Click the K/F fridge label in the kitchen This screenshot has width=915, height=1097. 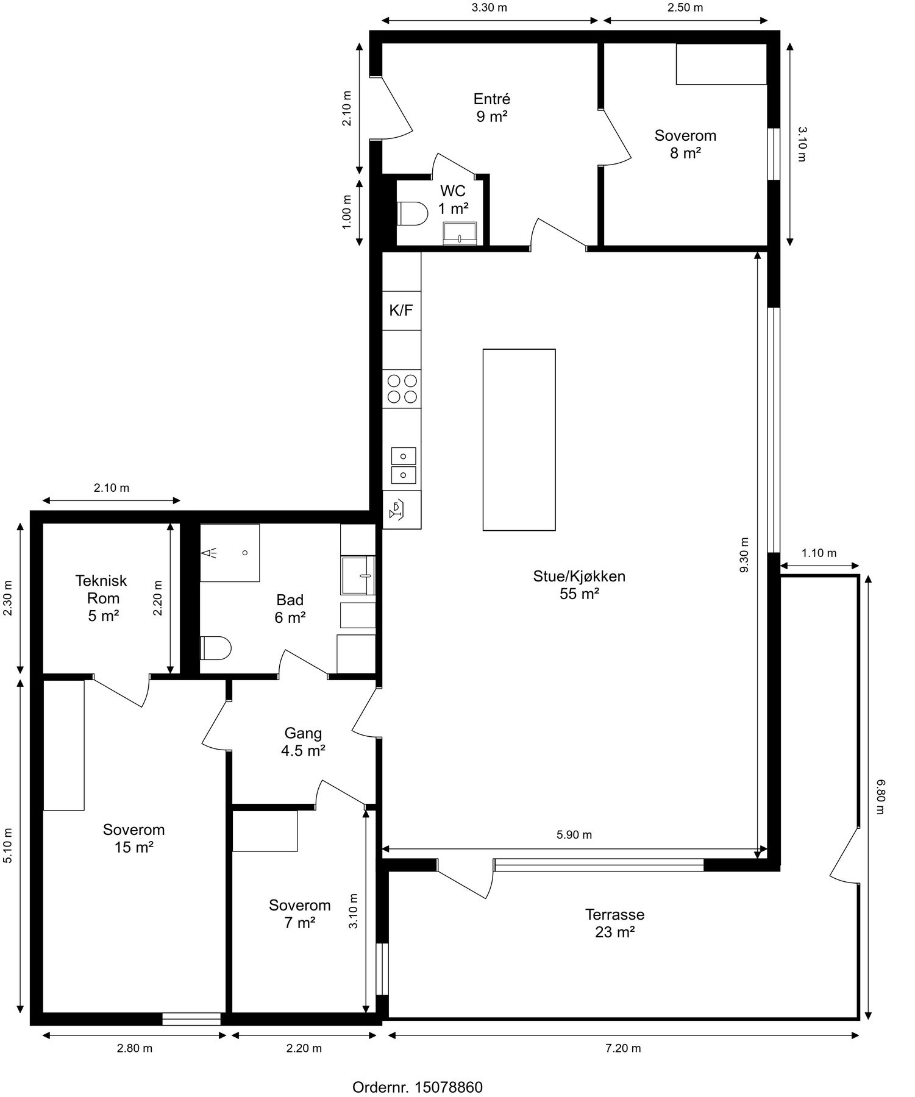401,311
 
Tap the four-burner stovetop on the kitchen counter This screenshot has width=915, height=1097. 402,389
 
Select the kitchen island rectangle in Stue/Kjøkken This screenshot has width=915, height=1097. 519,439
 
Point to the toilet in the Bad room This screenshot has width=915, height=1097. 216,648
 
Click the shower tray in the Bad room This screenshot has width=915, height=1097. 230,552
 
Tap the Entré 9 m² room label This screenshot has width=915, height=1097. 492,107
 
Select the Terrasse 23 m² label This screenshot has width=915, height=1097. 614,923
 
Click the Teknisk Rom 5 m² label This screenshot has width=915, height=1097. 102,598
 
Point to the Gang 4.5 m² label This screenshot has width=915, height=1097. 303,742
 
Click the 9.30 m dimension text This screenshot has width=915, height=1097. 744,555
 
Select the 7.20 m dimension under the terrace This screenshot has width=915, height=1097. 623,1048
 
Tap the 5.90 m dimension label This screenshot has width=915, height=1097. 574,835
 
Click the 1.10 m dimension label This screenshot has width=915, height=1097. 819,553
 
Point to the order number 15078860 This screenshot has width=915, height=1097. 418,1087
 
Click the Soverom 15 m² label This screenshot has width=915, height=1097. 134,838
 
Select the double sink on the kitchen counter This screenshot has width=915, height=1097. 403,465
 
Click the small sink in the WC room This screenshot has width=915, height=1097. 460,233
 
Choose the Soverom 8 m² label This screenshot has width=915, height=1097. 685,144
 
